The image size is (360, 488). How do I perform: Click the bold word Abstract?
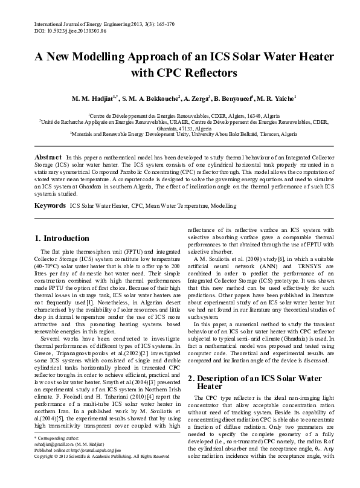pyautogui.click(x=48, y=156)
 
